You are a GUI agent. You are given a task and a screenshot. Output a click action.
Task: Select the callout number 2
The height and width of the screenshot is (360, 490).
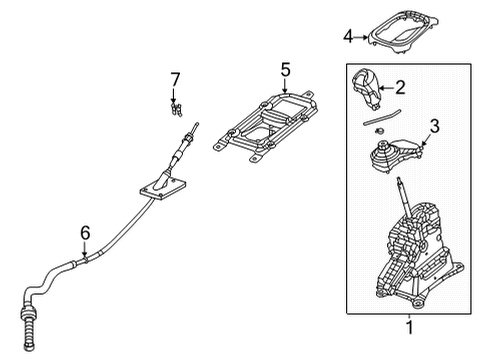click(400, 88)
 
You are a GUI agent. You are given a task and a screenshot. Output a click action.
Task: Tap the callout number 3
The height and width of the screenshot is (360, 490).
click(435, 125)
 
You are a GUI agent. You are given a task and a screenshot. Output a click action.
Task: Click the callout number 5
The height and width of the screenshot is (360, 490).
click(284, 70)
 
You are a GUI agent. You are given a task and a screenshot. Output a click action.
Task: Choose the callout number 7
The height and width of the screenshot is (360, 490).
click(175, 79)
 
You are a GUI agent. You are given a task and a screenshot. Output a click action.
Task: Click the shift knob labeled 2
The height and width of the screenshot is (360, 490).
click(366, 88)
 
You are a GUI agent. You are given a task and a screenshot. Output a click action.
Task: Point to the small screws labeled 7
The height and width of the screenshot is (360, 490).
click(176, 102)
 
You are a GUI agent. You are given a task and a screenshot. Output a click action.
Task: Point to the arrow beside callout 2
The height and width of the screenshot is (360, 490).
click(386, 88)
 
